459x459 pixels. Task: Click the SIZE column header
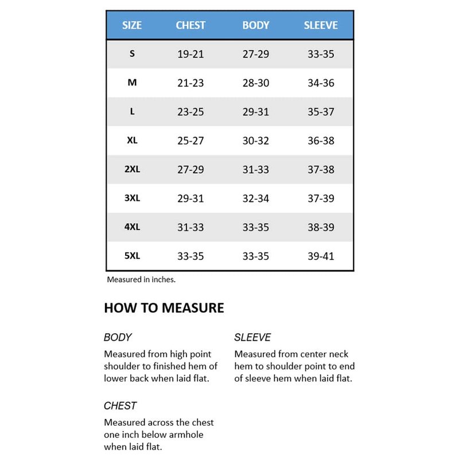click(132, 25)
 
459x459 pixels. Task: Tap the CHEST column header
click(190, 25)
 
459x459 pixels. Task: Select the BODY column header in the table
click(256, 25)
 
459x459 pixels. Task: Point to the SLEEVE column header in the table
click(321, 25)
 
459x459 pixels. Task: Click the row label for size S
click(133, 54)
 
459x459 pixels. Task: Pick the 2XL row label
click(133, 169)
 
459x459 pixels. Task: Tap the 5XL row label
click(133, 256)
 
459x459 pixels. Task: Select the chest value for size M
click(190, 83)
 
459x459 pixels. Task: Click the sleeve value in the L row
click(321, 112)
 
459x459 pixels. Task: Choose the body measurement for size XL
click(256, 141)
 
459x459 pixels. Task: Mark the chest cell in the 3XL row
click(190, 199)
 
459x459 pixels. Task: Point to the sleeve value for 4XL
click(321, 227)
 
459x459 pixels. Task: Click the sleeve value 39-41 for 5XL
click(321, 256)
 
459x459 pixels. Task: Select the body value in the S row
click(256, 55)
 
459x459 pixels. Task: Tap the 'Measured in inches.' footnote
click(141, 280)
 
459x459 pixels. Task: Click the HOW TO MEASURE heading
click(164, 308)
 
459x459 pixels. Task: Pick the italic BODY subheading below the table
click(118, 337)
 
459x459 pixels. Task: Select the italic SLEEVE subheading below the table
click(252, 337)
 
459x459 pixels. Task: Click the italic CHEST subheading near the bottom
click(120, 406)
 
